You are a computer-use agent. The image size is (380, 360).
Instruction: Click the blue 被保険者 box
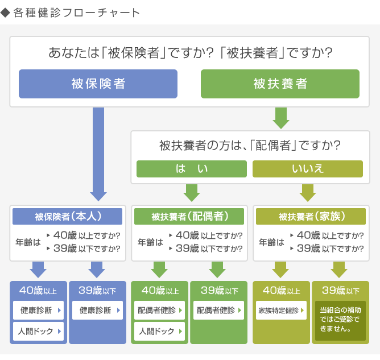98,84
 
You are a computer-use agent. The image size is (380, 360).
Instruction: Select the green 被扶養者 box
280,84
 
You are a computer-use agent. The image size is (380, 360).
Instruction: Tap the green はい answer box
192,169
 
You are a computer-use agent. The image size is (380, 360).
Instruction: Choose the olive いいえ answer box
308,169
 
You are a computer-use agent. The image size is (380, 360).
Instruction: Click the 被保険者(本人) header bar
67,216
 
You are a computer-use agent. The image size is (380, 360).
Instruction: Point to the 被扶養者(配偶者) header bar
189,216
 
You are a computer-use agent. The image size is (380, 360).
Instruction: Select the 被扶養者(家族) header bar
311,216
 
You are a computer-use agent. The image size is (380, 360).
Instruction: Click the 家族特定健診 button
281,311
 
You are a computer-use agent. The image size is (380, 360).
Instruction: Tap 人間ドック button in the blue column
38,331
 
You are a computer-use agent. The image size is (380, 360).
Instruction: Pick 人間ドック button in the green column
159,331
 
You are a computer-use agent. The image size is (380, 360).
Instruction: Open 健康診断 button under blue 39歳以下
97,311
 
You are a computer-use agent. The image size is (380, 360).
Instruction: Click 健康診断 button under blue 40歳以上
38,311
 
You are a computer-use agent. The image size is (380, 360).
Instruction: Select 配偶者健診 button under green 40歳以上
159,311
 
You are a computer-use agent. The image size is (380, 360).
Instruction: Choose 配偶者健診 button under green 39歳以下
218,311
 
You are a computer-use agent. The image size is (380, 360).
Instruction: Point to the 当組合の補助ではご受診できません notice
340,321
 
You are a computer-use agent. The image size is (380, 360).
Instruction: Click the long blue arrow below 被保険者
98,154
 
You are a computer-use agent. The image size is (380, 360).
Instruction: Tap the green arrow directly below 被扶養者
281,118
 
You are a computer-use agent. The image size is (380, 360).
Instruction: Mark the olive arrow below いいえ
308,193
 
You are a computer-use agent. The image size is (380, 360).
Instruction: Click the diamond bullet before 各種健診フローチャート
5,13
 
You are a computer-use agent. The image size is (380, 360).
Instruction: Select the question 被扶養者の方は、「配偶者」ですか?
250,146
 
